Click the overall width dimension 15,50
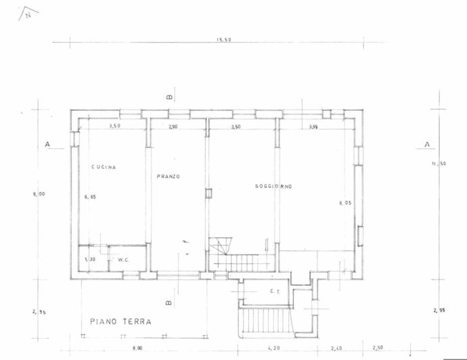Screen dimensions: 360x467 click(224, 40)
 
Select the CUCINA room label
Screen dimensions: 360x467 click(104, 167)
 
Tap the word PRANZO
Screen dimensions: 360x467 click(168, 176)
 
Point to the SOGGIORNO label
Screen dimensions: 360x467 click(273, 186)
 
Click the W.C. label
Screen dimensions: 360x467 click(123, 259)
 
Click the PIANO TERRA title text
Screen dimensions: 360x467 click(120, 321)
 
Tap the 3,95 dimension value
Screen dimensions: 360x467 click(313, 127)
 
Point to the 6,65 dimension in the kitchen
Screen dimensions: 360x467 click(89, 197)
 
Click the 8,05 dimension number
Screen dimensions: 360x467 click(345, 202)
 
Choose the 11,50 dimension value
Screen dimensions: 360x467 click(440, 164)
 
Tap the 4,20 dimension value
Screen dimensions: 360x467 click(273, 348)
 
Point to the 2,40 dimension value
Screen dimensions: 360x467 click(336, 348)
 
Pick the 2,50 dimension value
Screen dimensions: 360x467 click(378, 348)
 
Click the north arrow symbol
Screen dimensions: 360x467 click(28, 12)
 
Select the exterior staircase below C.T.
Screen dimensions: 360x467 click(265, 321)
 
